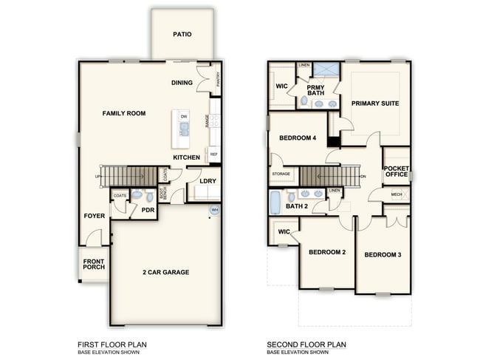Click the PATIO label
182,34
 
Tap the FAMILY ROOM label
123,113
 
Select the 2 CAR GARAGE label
165,272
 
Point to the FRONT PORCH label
93,264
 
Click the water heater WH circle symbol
215,210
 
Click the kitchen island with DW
182,128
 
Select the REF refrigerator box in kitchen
214,154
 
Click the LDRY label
208,181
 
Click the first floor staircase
128,176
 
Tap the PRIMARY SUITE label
374,103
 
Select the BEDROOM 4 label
298,138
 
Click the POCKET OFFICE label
397,171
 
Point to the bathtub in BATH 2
276,202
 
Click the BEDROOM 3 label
383,255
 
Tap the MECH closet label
396,194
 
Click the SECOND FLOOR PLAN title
306,344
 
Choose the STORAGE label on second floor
281,174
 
